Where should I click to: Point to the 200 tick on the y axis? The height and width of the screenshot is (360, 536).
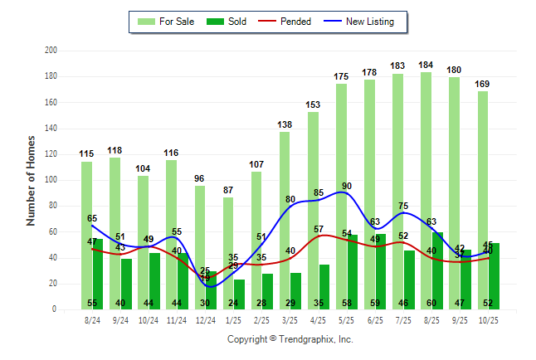tap(51, 51)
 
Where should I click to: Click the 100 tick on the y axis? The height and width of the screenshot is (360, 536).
tap(51, 180)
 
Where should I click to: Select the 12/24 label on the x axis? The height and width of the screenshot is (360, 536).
tap(205, 320)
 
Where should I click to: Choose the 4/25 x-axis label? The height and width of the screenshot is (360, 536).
tap(318, 320)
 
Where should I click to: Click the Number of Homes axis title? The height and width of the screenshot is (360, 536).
tap(32, 180)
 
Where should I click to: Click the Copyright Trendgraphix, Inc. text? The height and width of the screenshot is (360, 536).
tap(290, 339)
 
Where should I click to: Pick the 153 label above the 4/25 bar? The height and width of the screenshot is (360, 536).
tap(313, 105)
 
